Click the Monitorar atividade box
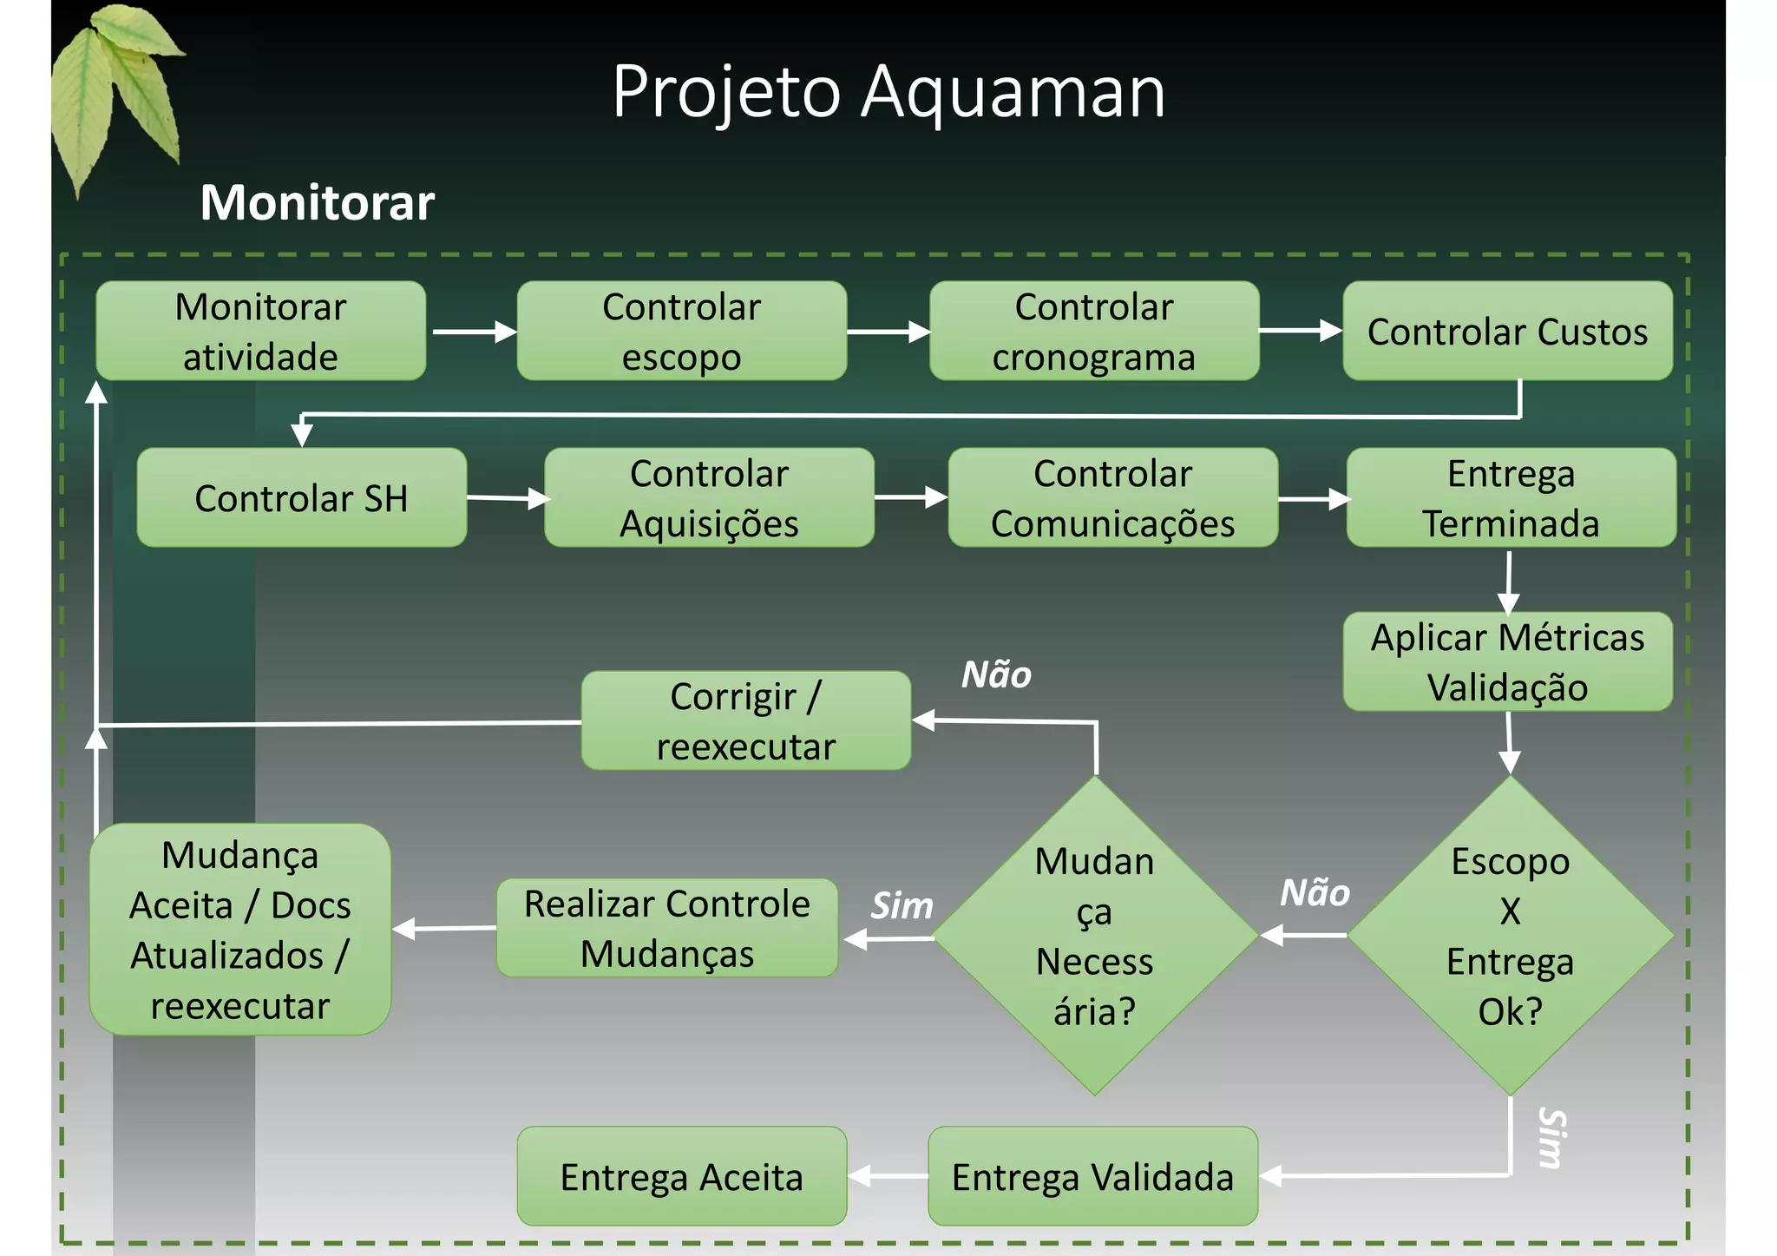point(260,331)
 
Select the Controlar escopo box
point(681,331)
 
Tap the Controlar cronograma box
point(1094,331)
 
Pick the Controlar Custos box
point(1507,331)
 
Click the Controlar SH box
point(301,497)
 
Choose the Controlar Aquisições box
point(709,497)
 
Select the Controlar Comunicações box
point(1112,497)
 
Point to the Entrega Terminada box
point(1511,497)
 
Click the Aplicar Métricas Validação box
point(1507,661)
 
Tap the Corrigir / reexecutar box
point(745,720)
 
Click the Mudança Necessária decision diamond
point(1094,936)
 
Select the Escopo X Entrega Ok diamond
point(1510,936)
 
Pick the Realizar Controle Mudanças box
point(666,928)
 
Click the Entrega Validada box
point(1092,1176)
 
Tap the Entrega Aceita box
point(681,1176)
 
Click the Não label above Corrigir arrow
point(996,674)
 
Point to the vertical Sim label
point(1551,1138)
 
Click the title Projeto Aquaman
point(888,91)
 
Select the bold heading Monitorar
point(317,202)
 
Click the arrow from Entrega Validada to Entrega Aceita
point(888,1176)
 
